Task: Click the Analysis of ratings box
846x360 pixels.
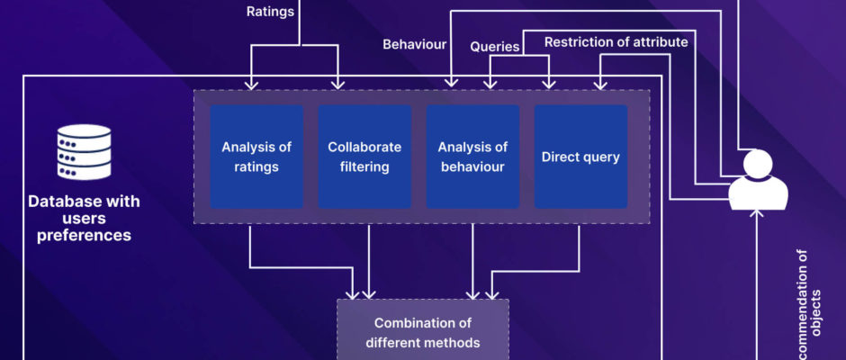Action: click(x=256, y=157)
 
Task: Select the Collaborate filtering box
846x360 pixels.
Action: click(x=364, y=157)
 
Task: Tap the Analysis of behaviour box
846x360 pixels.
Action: click(x=472, y=157)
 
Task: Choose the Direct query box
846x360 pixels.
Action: click(x=580, y=157)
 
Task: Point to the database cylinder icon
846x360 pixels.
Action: click(x=84, y=153)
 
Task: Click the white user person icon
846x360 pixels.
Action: click(x=758, y=180)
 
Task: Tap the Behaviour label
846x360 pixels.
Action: click(x=414, y=43)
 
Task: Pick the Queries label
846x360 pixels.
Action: click(x=495, y=47)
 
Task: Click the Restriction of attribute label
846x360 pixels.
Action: click(x=616, y=41)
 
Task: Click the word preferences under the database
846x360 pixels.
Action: click(x=84, y=236)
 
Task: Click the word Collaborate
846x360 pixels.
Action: click(x=364, y=147)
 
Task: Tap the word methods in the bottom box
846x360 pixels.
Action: click(x=455, y=342)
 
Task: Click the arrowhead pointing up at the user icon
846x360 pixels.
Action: click(x=758, y=213)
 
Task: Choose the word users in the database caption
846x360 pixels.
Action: click(x=84, y=219)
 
